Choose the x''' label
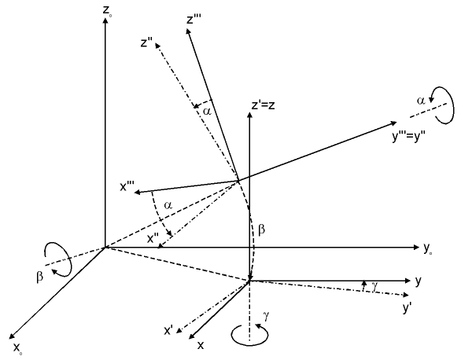[x=126, y=186]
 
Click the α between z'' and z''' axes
[x=207, y=112]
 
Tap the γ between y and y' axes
[x=371, y=288]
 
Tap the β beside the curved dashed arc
[x=262, y=233]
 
